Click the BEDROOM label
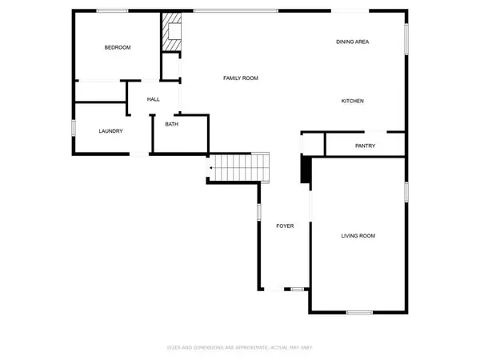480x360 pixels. point(118,48)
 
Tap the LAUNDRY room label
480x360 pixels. point(110,131)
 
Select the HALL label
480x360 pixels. point(154,99)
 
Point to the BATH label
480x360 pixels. point(171,124)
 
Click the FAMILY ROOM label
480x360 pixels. point(240,78)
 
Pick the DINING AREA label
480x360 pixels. point(352,42)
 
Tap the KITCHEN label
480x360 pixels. point(353,101)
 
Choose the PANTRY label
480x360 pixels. point(365,146)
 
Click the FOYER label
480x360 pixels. point(285,226)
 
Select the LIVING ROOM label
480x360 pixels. point(358,236)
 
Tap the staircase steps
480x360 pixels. point(241,168)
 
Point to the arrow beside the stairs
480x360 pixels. point(210,168)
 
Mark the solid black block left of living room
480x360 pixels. point(305,170)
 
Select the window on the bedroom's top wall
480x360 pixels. point(113,10)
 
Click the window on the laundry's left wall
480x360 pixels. point(74,128)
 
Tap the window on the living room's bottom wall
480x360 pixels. point(359,311)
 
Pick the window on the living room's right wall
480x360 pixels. point(406,192)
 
